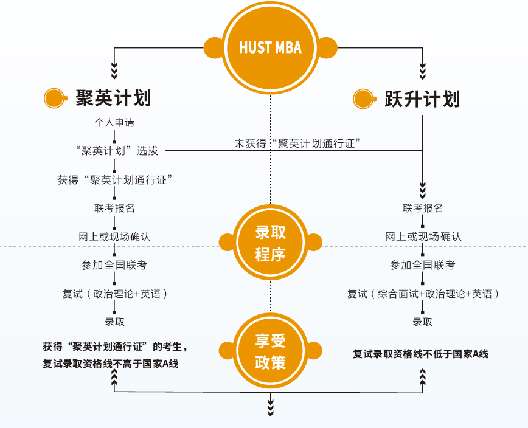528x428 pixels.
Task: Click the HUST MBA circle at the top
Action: point(270,47)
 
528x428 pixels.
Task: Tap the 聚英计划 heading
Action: point(113,97)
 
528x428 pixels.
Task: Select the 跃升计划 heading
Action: point(422,98)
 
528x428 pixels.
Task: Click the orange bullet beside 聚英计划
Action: point(54,98)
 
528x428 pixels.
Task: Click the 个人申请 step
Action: point(114,122)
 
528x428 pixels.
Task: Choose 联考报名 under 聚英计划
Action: point(114,208)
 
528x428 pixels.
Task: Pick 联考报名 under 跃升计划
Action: point(423,208)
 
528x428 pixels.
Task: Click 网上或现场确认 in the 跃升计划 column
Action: point(423,236)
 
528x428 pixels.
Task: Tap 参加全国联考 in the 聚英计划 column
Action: point(114,265)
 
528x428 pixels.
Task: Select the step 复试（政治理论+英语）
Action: point(114,294)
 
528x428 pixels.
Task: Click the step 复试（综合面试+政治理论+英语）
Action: point(423,294)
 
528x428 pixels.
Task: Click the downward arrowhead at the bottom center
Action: point(270,409)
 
